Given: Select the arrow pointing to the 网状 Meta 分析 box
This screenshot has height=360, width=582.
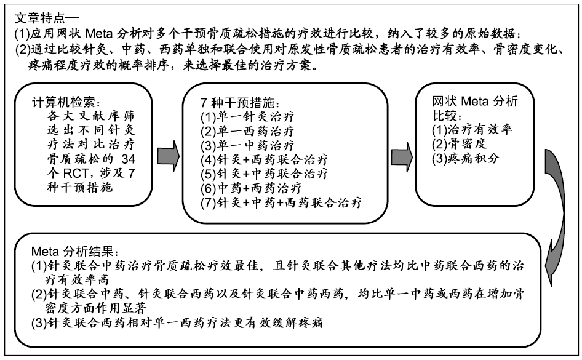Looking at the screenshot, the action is tap(402, 156).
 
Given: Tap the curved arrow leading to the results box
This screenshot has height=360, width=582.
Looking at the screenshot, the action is tap(556, 217).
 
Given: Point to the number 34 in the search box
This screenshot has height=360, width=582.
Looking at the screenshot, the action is tap(129, 159).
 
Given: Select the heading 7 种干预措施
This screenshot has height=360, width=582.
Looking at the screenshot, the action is tap(240, 102).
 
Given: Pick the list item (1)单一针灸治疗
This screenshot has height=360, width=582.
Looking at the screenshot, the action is tap(247, 117).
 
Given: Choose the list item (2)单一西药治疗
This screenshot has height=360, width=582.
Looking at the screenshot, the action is tap(247, 131).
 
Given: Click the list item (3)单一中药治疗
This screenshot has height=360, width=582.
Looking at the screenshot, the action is tap(247, 145).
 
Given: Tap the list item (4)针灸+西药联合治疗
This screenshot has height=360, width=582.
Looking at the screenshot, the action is tap(265, 159).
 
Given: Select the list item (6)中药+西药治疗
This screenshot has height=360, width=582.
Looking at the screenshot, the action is tap(251, 188).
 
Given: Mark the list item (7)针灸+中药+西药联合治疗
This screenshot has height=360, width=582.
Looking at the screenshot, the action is tap(281, 202).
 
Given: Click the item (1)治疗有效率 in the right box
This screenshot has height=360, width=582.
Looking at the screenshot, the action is tap(472, 129).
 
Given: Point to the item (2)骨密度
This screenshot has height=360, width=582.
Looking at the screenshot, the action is tap(459, 144).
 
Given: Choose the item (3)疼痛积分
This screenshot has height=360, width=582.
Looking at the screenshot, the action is tap(466, 159).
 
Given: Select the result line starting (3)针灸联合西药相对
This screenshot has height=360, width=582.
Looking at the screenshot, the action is tap(177, 322).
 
